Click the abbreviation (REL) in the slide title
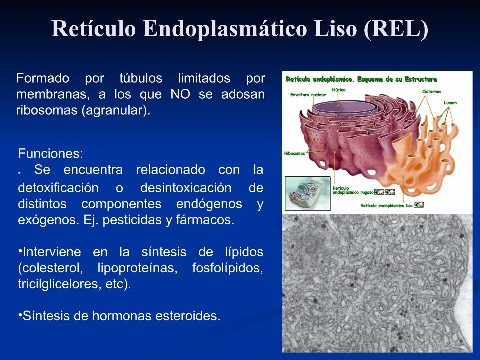click(x=396, y=29)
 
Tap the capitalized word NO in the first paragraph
click(x=180, y=94)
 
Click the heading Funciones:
click(x=50, y=154)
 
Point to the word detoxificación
click(x=58, y=188)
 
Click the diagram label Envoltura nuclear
click(x=308, y=95)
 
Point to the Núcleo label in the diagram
click(x=338, y=90)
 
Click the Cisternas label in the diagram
click(x=431, y=92)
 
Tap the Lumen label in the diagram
click(x=450, y=103)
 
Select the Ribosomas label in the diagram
click(x=294, y=154)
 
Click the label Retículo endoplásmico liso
click(x=386, y=206)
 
